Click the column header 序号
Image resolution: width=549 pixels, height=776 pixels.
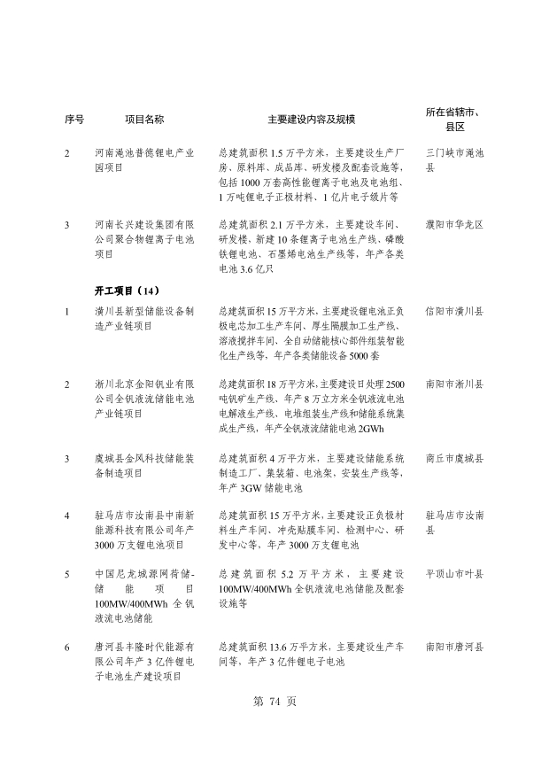[x=73, y=119]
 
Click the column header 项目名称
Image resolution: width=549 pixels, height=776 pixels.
[x=143, y=119]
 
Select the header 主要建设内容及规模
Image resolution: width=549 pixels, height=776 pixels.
[x=311, y=119]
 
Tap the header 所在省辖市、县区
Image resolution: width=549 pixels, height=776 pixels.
[x=452, y=119]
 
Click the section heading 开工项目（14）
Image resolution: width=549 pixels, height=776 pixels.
[x=126, y=291]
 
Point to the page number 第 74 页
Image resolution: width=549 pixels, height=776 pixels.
[x=274, y=701]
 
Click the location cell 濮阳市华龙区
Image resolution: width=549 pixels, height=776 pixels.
[x=454, y=225]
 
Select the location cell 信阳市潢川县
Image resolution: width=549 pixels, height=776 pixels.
[x=454, y=312]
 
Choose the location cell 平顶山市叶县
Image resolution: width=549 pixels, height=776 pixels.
[x=454, y=574]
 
